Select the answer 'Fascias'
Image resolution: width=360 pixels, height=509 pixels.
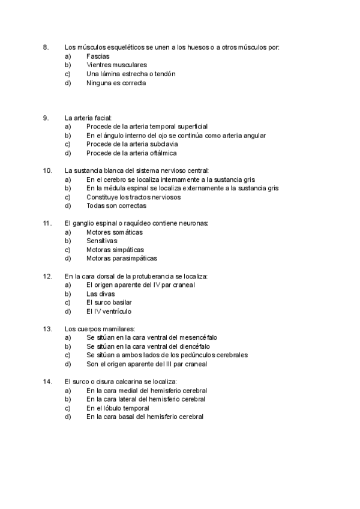click(98, 56)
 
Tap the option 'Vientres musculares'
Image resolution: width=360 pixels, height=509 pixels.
click(116, 65)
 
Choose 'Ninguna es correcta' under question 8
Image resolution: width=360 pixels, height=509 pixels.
click(116, 83)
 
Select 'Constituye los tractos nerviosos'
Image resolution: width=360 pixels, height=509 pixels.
click(133, 197)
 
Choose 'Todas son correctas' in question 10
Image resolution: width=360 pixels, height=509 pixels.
click(116, 206)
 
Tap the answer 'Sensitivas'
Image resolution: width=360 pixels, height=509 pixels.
click(101, 241)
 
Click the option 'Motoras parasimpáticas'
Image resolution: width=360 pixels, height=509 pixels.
click(122, 258)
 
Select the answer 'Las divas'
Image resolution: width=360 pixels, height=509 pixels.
click(101, 294)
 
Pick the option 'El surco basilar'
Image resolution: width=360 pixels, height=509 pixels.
click(109, 303)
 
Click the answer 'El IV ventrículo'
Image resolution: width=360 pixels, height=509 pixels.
click(109, 312)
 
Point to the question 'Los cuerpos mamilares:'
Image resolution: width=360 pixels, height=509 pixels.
click(100, 329)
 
